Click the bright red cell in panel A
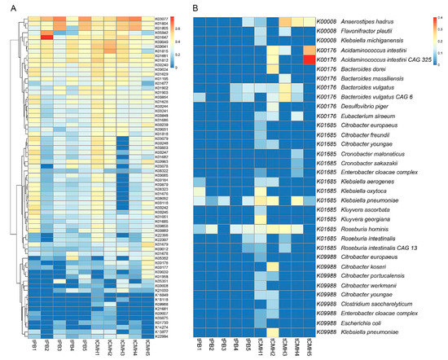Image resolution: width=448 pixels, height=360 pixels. click(x=46, y=37)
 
